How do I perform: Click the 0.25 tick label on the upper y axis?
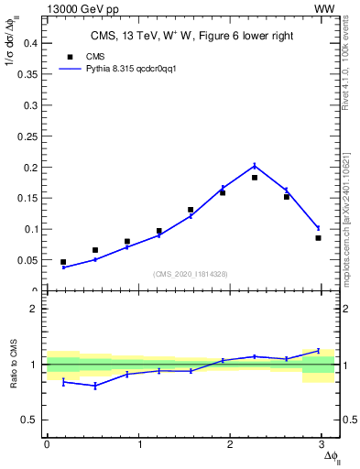tap(25, 136)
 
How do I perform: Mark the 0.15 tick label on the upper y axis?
tap(25, 198)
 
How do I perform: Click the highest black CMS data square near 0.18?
tap(255, 178)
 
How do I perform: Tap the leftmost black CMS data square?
tap(63, 262)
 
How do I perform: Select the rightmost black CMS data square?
tap(318, 238)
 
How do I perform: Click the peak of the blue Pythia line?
tap(255, 166)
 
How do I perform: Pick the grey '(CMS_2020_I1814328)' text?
tap(191, 274)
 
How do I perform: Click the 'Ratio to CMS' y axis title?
tap(14, 365)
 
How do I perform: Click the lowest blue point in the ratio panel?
tap(95, 386)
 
